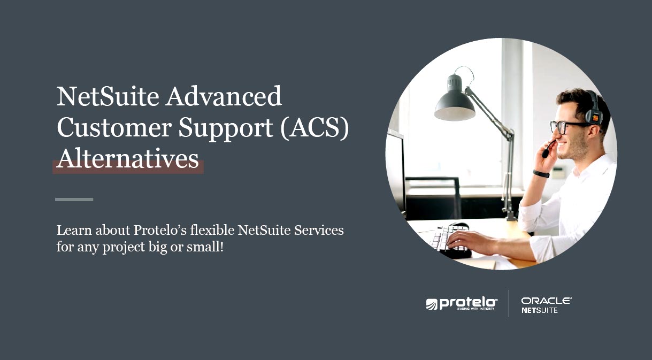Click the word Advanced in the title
tap(224, 96)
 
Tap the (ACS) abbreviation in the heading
tap(315, 127)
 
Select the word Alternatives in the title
tap(128, 159)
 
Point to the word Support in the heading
tap(226, 129)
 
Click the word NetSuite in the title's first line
tap(108, 96)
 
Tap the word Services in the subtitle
tap(319, 230)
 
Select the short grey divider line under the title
tap(74, 200)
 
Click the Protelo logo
tap(462, 304)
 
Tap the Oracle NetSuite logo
tap(546, 305)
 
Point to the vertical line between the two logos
tap(509, 303)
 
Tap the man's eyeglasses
tap(567, 127)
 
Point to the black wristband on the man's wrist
tap(541, 174)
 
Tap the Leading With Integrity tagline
tap(475, 309)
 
